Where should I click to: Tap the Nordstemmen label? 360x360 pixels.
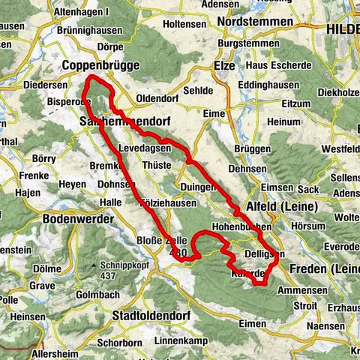point(255,22)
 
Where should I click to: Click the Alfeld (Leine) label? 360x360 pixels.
point(280,207)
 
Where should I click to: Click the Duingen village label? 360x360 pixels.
point(197,187)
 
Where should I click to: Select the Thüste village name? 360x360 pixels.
point(156,166)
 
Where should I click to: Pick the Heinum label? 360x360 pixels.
point(283,121)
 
